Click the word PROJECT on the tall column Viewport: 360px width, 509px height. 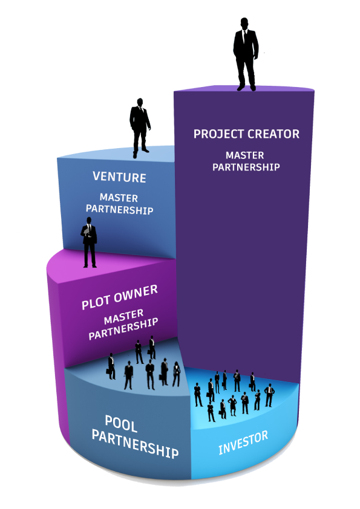click(x=218, y=134)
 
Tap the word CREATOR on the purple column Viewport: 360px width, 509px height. click(x=273, y=134)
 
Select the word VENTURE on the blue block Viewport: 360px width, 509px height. click(x=119, y=177)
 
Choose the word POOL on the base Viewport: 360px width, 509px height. click(x=121, y=424)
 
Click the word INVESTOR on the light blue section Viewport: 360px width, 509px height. click(x=243, y=443)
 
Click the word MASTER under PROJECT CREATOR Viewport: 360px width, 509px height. click(x=244, y=155)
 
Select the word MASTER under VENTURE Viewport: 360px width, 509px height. click(x=119, y=197)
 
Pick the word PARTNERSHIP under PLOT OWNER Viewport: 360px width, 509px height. click(x=123, y=329)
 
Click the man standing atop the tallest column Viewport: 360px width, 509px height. click(x=246, y=54)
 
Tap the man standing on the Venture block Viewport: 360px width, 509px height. click(x=140, y=128)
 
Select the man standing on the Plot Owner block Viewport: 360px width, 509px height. click(x=89, y=242)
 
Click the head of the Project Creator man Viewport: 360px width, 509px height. click(x=244, y=24)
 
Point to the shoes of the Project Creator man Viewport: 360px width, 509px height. click(x=246, y=88)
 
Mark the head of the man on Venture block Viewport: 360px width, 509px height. click(x=140, y=102)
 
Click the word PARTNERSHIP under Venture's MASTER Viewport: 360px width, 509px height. click(x=120, y=209)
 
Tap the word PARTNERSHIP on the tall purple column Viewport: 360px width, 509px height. click(x=246, y=167)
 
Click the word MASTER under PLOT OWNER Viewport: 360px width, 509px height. click(x=124, y=317)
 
